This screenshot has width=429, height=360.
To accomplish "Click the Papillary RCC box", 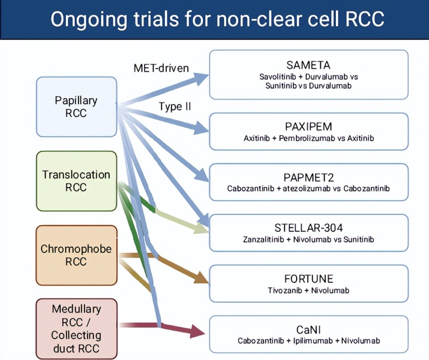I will [76, 106].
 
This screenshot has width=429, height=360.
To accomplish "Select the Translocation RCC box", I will [76, 180].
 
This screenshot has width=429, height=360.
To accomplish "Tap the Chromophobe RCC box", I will [76, 255].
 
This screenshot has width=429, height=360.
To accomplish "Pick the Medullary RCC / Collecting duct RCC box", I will [76, 329].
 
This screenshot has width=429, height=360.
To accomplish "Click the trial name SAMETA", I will [308, 65].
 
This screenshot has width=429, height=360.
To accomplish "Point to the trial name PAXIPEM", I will [308, 126].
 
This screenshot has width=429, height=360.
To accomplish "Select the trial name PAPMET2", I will [308, 177].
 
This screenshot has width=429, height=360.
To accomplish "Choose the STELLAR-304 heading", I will [308, 228].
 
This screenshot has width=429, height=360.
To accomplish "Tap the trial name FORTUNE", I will [308, 279].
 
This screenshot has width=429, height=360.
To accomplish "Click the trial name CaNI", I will [308, 330].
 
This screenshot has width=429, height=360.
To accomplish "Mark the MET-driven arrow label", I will [161, 68].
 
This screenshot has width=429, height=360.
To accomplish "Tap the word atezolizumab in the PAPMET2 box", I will [307, 188].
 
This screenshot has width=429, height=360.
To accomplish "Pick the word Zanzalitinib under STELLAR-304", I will [264, 239].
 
